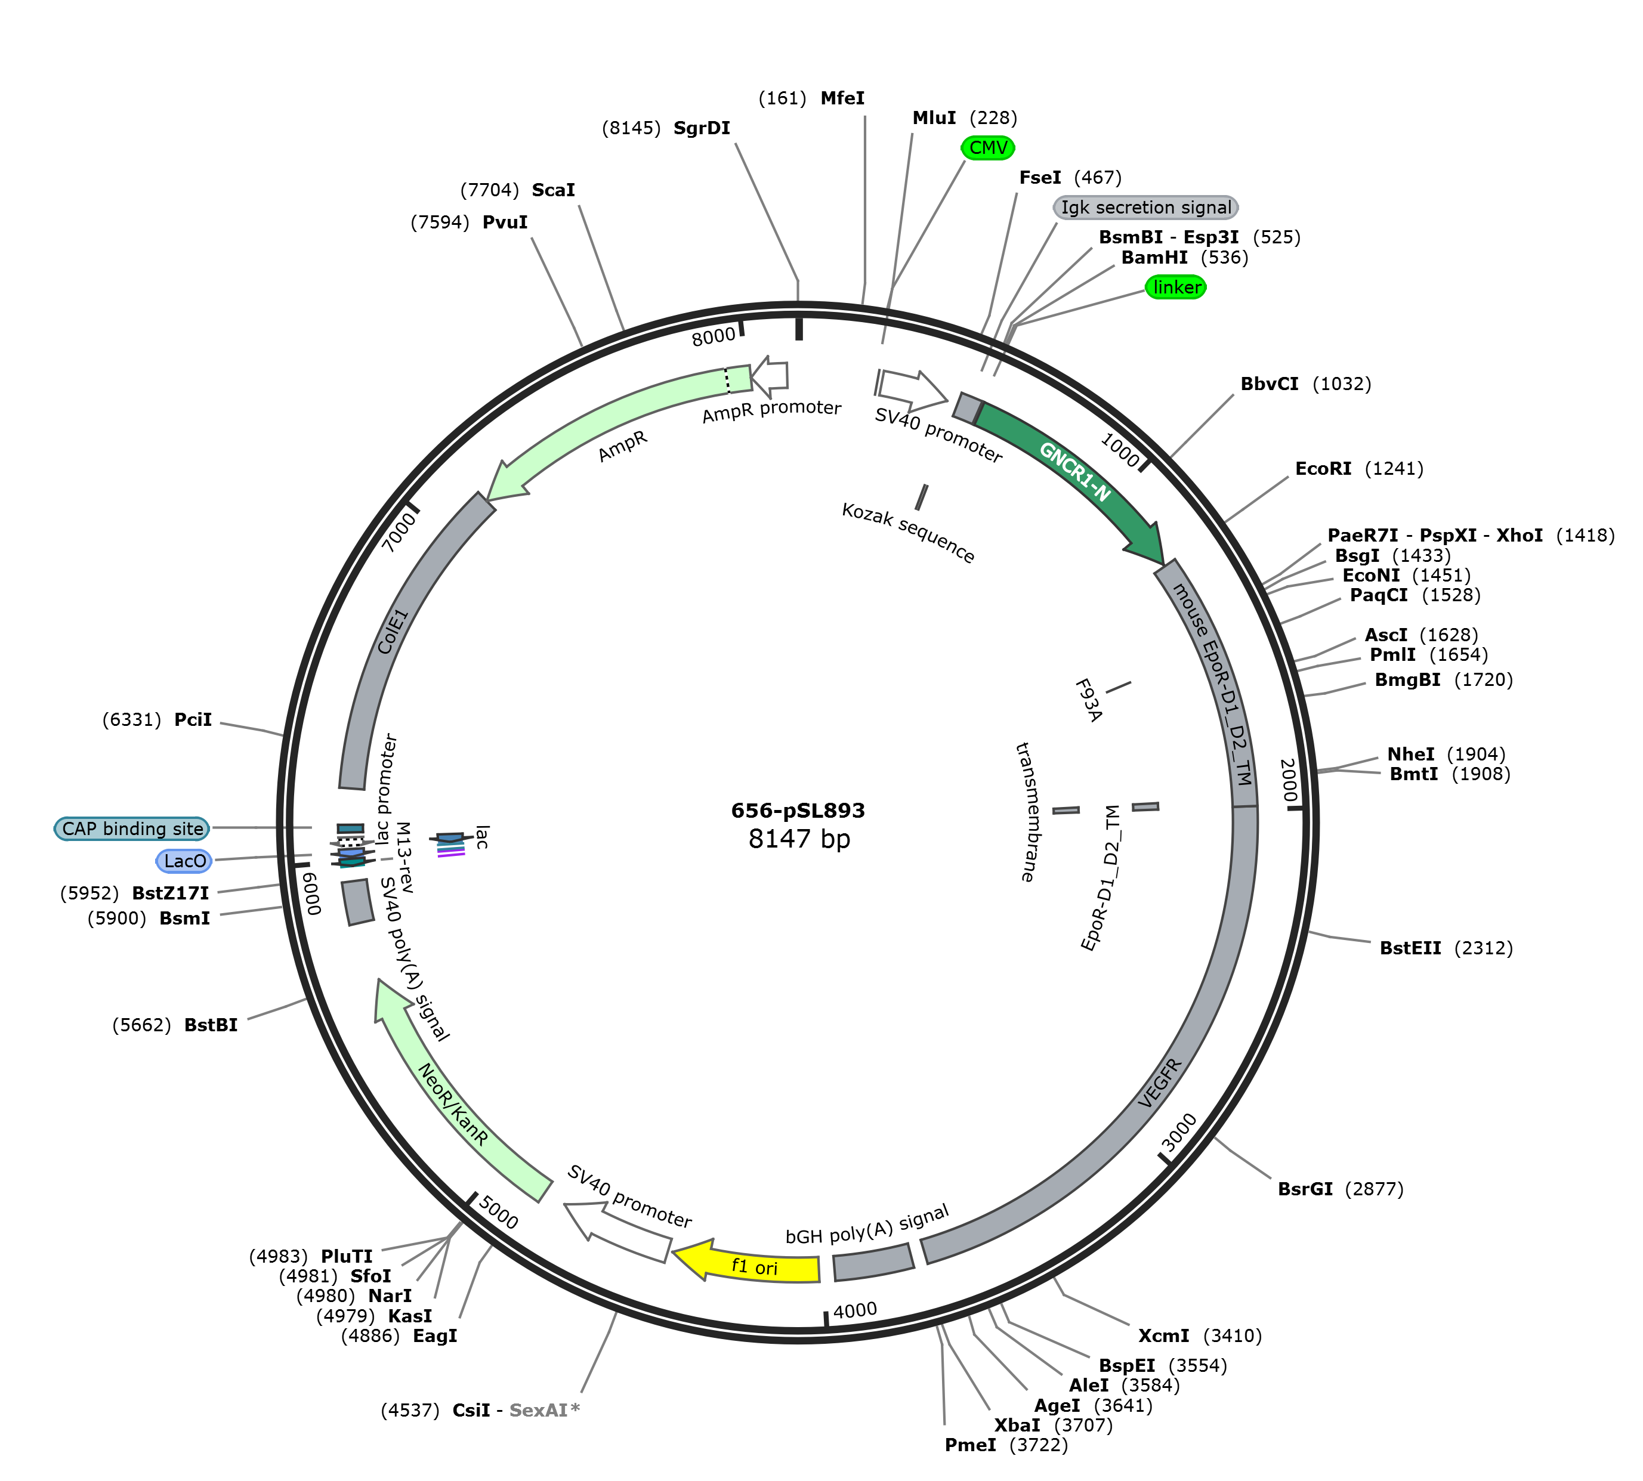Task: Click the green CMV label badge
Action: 988,147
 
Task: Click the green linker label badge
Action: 1176,287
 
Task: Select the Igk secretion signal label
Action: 1146,208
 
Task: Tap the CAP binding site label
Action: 132,828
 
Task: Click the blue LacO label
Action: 185,861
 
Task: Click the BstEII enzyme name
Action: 1410,948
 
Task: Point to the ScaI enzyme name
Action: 554,190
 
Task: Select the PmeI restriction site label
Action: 970,1445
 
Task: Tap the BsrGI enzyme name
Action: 1305,1189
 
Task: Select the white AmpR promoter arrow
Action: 770,375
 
